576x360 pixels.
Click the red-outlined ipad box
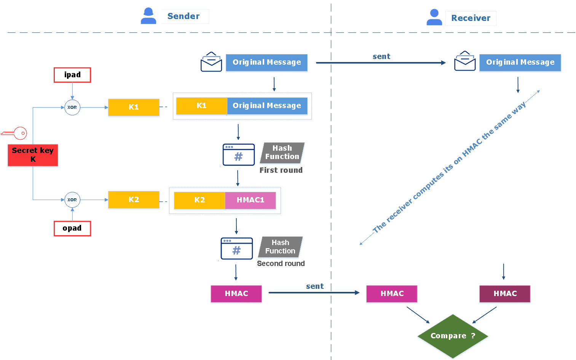tap(72, 75)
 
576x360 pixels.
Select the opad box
tap(72, 228)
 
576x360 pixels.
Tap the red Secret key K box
tap(33, 155)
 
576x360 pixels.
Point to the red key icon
tap(14, 133)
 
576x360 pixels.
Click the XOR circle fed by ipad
tap(72, 107)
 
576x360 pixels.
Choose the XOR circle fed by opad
tap(72, 200)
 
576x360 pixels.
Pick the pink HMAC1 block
tap(250, 200)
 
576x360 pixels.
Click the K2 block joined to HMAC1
tap(199, 200)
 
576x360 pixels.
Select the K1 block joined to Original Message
tap(201, 106)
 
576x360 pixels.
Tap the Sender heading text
tap(183, 16)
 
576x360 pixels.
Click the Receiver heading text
tap(471, 18)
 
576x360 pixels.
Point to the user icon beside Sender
tap(148, 16)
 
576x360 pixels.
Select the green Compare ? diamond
tap(452, 336)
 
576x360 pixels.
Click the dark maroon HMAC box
tap(505, 294)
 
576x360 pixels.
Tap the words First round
tap(281, 170)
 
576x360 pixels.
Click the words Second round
tap(281, 264)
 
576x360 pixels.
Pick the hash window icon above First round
tap(238, 155)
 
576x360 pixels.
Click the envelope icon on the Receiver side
tap(465, 61)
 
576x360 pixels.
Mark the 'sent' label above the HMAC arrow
tap(315, 287)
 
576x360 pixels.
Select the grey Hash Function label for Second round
tap(280, 247)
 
